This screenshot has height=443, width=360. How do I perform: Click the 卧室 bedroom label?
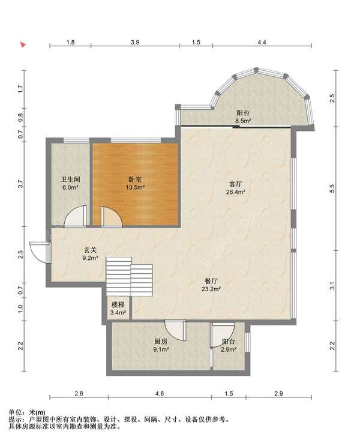pos(135,179)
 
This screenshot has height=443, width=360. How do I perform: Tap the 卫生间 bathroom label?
pos(70,179)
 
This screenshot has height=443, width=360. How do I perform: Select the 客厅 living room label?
pos(235,184)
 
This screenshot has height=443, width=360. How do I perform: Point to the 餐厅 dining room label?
pos(211,281)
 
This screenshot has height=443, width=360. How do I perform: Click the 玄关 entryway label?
pos(90,250)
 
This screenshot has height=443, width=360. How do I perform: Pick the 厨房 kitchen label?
pos(161,342)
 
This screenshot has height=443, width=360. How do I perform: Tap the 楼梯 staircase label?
pos(118,305)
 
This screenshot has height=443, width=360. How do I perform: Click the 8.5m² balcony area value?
pos(244,121)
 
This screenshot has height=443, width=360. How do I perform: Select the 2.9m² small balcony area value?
pos(229,349)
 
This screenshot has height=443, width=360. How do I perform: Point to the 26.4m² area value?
pos(235,192)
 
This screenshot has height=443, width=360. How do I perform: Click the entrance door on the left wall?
pos(40,252)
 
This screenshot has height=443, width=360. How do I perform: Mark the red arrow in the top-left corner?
pos(23,44)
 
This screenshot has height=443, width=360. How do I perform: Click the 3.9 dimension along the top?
pos(135,42)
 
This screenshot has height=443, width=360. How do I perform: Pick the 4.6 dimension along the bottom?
pos(160,393)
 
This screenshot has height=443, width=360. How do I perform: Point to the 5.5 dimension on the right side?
pos(332,188)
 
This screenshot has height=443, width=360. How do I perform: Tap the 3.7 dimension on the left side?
pos(20,184)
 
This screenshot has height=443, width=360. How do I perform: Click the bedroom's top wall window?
pos(136,140)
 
